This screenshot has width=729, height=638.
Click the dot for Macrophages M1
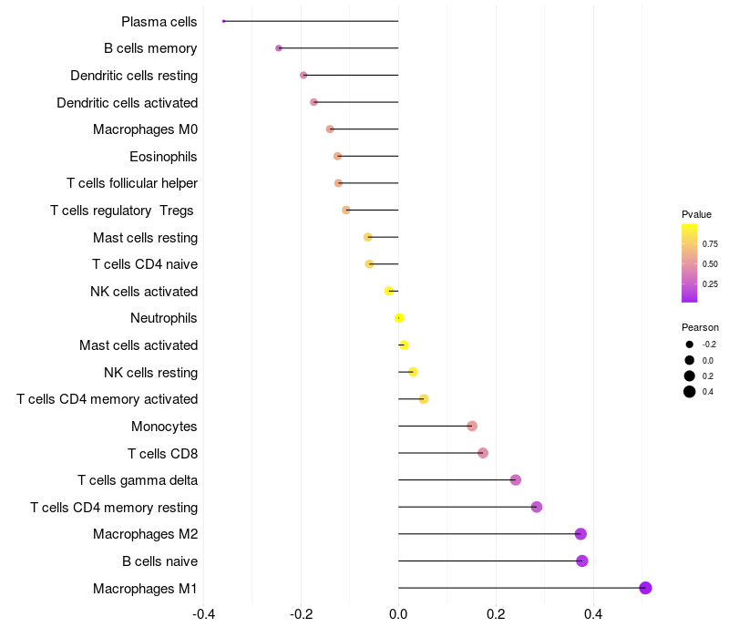(645, 588)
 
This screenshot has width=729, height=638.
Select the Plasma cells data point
(223, 21)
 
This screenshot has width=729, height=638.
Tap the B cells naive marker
(582, 561)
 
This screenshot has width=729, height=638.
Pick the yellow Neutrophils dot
(399, 318)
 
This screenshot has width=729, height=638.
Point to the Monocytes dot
(472, 426)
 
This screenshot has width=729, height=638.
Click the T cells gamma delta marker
(516, 479)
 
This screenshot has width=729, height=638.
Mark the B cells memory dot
(279, 48)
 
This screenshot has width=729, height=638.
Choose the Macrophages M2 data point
(580, 534)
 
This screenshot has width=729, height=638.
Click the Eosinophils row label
(163, 157)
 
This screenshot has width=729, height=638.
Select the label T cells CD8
(162, 453)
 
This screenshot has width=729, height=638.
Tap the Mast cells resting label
(145, 238)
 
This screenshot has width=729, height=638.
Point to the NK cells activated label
(144, 292)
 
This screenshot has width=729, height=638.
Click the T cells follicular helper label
(132, 183)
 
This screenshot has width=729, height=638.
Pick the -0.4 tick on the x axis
(203, 614)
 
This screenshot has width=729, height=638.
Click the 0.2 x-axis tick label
(496, 614)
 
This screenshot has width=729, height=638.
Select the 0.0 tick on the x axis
(398, 614)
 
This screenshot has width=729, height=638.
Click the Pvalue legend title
(696, 214)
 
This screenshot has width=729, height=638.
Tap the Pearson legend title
(700, 327)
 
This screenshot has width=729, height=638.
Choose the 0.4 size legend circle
(690, 392)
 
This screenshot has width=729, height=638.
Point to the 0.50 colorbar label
(710, 264)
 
